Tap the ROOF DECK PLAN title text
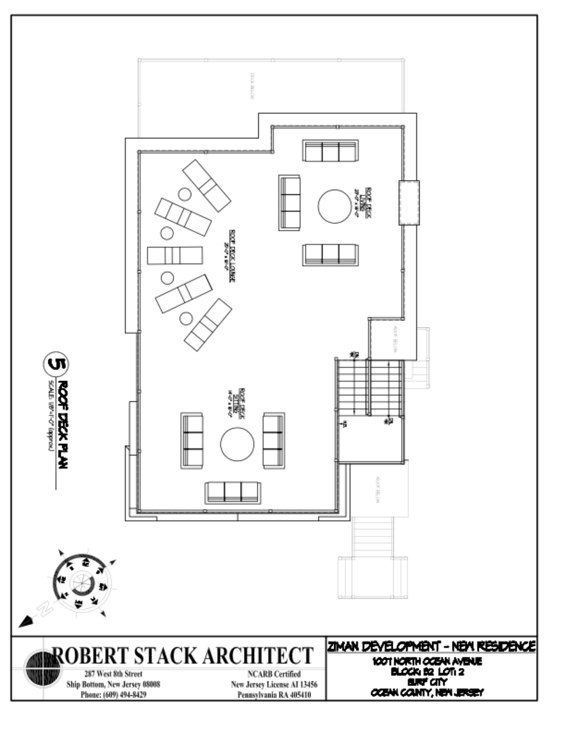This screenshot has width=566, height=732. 63,425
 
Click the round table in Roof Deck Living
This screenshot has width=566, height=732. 334,206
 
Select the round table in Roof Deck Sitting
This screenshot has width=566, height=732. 237,444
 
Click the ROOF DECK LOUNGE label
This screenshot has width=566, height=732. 232,256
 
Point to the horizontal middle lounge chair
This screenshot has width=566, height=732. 175,255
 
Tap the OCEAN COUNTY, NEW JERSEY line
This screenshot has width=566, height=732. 427,692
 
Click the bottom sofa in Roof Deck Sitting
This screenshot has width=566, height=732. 233,493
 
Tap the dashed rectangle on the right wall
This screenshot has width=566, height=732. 409,203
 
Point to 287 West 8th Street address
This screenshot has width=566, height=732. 113,674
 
